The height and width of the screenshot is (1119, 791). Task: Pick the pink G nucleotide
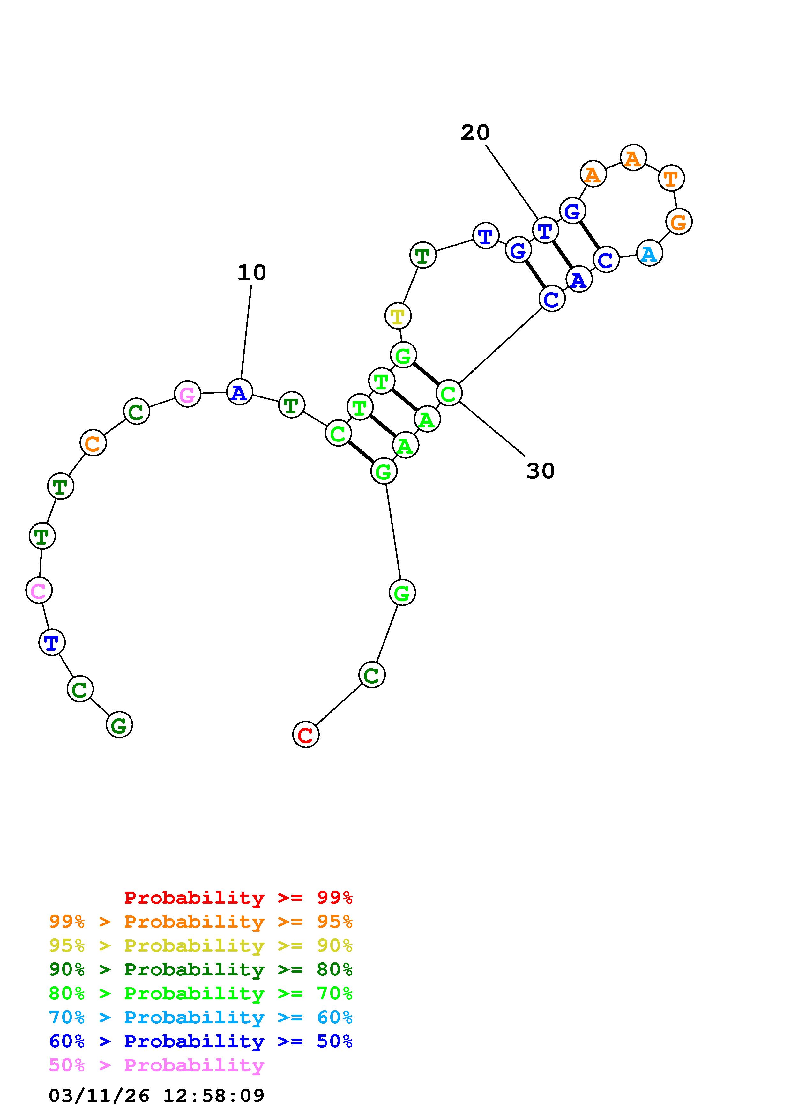click(188, 394)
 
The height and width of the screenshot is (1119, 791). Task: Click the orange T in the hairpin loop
click(671, 178)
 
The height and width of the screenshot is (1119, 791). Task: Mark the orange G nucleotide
click(678, 222)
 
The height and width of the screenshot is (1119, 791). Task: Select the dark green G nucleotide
click(119, 725)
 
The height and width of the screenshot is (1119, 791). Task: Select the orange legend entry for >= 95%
click(201, 922)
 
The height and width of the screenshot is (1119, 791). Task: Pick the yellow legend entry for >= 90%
click(201, 945)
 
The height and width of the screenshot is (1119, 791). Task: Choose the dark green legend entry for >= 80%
click(201, 969)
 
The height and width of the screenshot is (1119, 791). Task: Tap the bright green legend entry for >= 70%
click(201, 993)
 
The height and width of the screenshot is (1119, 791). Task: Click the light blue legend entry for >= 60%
click(201, 1017)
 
